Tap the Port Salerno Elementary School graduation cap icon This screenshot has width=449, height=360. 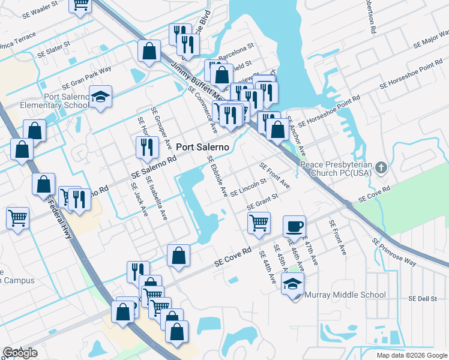coord(101,96)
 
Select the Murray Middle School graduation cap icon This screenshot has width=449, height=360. coord(292,283)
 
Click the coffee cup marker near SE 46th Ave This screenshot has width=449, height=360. coord(294,226)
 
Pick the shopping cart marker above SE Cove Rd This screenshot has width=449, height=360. coord(259,223)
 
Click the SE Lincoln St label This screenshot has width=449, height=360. coord(248,188)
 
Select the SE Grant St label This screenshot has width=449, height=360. coord(262,202)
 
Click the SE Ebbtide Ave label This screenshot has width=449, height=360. coord(217,176)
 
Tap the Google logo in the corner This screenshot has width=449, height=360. coord(20,353)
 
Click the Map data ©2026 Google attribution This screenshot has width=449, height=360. coord(411,355)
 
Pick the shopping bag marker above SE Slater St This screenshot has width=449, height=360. coord(149,52)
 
